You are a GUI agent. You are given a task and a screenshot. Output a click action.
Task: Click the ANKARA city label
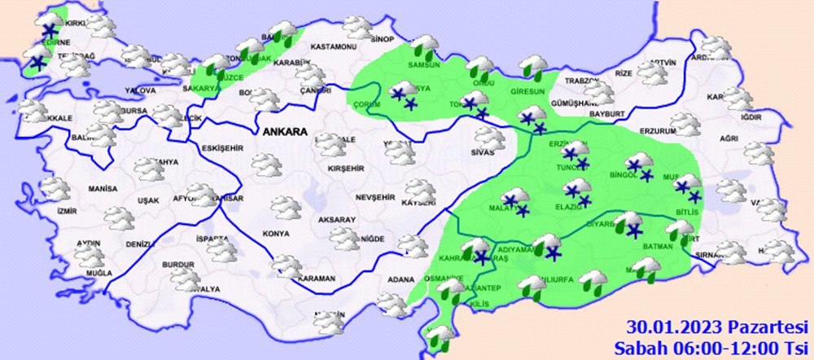coord(284,131)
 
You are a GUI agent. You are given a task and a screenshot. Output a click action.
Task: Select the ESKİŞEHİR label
coord(220,148)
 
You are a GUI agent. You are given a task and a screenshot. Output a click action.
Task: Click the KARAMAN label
coord(317,279)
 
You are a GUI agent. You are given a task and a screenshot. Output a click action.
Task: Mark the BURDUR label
coord(179,265)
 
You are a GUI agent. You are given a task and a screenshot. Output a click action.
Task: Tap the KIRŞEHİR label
coord(343,169)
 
